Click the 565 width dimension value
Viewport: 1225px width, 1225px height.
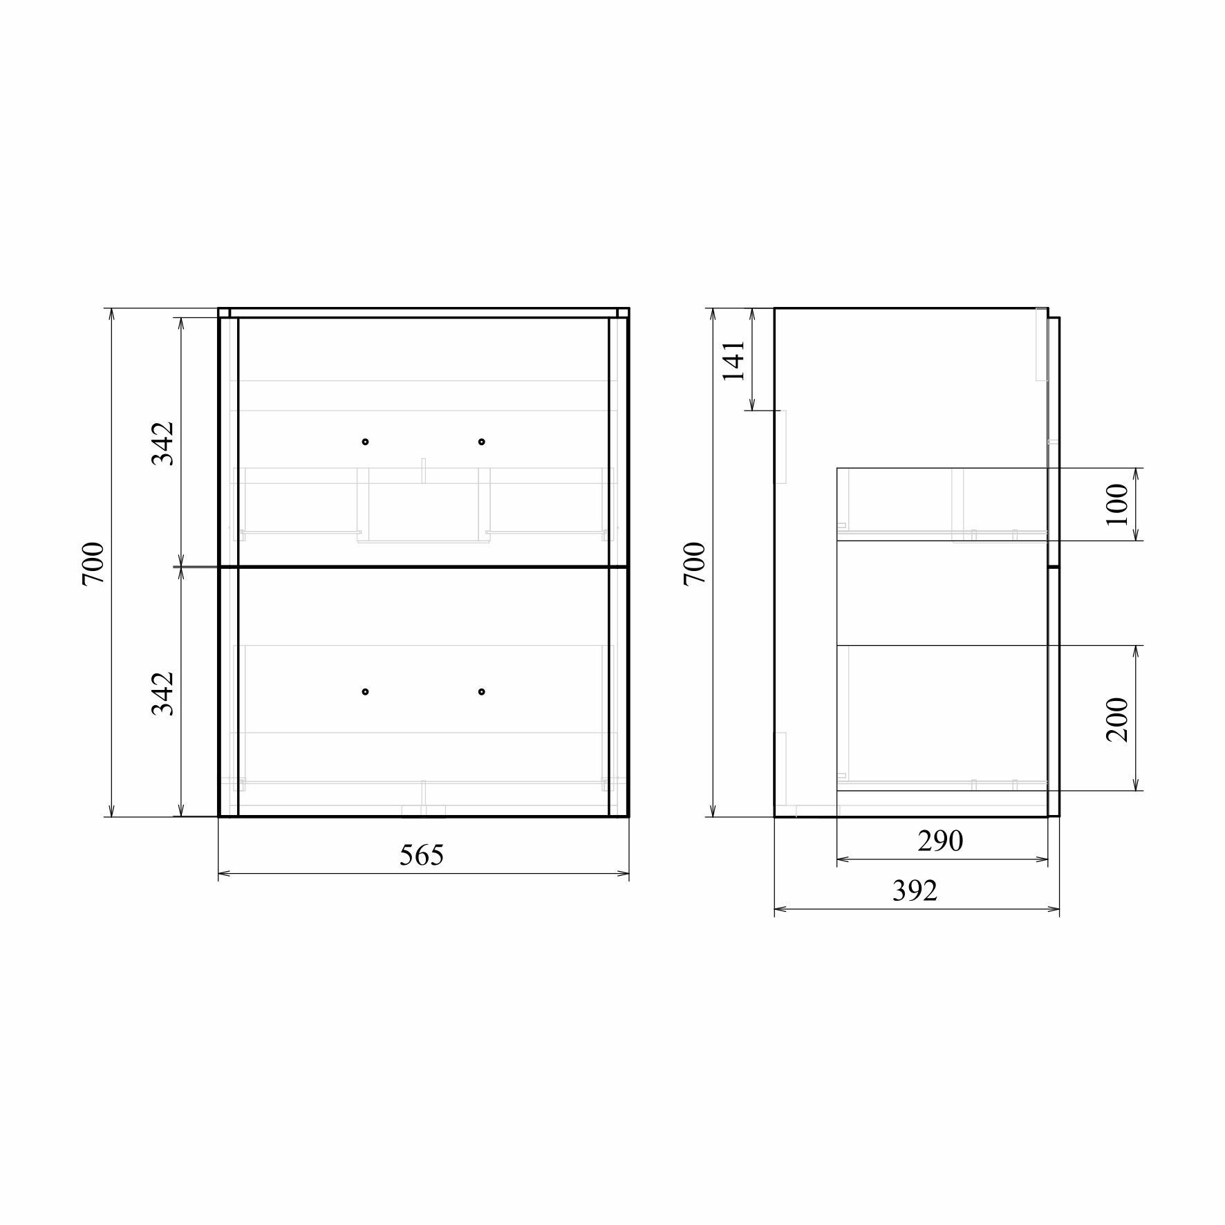pos(421,855)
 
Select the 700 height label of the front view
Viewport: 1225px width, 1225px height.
pos(93,564)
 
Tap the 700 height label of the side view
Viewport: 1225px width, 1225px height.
pos(695,564)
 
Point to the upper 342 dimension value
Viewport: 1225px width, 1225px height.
pos(162,443)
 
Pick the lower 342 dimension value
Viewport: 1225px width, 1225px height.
pos(162,693)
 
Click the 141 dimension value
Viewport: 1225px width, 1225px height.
pos(733,360)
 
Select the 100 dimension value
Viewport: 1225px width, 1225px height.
pos(1116,504)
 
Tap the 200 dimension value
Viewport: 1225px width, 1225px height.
pos(1116,720)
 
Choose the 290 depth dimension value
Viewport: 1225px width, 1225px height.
pos(940,841)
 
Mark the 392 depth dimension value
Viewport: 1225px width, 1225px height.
pos(915,891)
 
